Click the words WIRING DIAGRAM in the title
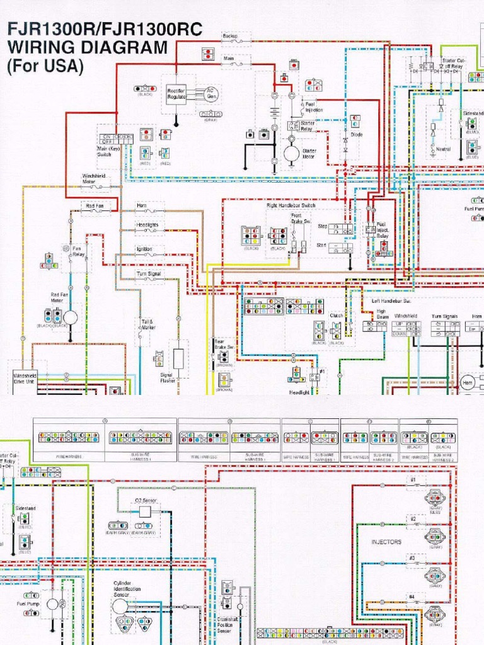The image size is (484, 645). tap(87, 47)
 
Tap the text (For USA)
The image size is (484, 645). tap(44, 67)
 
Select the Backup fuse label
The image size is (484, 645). tap(229, 37)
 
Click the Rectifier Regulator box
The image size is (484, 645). tap(176, 94)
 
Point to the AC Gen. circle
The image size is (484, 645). tap(211, 94)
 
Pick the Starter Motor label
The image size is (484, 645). tap(309, 154)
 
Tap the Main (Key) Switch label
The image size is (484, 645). tap(108, 151)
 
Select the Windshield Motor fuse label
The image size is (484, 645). tap(93, 179)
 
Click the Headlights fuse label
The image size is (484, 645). tap(147, 225)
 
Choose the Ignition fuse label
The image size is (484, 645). tap(144, 249)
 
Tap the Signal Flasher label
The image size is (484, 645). tap(168, 377)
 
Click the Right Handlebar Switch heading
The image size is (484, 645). tap(291, 205)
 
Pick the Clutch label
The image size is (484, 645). tap(336, 316)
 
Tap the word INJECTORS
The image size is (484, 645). tap(386, 542)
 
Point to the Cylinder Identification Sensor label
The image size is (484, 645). tap(127, 588)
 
